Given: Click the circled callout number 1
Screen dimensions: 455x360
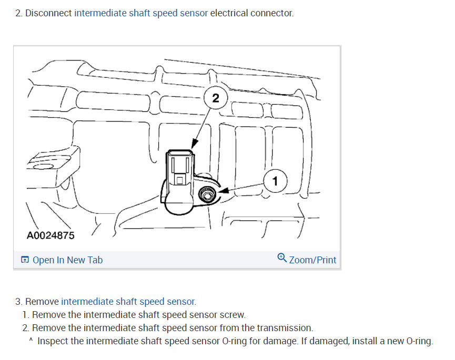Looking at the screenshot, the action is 275,181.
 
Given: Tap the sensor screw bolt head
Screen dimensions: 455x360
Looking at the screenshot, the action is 206,196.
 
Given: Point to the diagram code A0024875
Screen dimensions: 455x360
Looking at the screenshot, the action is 50,235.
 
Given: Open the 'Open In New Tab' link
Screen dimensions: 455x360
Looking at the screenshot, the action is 67,260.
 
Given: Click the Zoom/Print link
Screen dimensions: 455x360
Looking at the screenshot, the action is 312,260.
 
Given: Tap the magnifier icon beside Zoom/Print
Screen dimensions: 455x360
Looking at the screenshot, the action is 281,258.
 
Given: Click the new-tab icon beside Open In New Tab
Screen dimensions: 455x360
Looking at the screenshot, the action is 25,260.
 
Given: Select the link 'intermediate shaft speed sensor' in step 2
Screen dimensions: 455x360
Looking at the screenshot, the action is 141,13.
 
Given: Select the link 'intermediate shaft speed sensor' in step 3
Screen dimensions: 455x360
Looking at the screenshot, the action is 128,302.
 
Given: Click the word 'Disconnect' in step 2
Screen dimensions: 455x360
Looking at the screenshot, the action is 48,13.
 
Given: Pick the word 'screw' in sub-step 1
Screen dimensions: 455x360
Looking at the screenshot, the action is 234,315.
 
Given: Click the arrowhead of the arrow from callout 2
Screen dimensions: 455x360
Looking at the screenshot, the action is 194,144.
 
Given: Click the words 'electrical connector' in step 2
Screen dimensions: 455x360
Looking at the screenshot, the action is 251,13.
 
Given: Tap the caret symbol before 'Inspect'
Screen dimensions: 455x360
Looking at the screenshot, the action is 31,341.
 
